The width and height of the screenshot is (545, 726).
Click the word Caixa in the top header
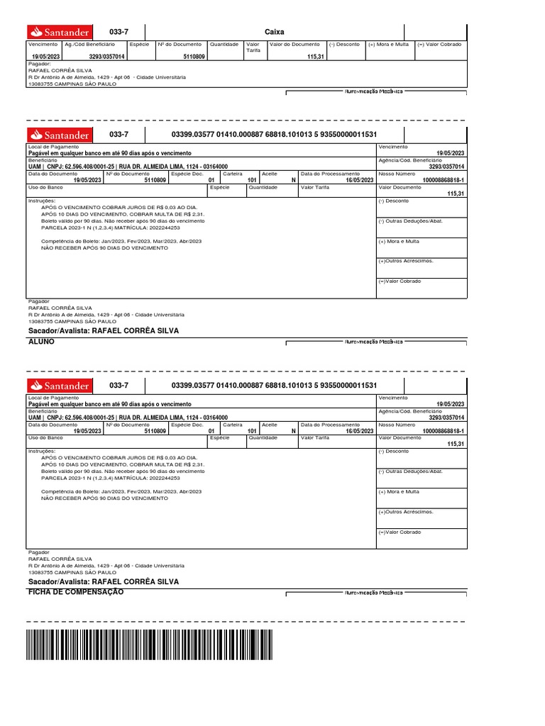pos(274,33)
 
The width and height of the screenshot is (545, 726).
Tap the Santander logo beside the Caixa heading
pos(59,33)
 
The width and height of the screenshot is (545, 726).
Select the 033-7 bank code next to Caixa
pos(119,33)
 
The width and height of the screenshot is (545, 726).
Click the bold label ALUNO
pos(40,342)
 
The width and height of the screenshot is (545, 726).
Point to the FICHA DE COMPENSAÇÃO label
pos(75,592)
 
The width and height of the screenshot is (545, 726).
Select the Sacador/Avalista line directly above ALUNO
pos(104,331)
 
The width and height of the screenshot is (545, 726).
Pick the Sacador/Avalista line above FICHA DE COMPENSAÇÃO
pos(104,581)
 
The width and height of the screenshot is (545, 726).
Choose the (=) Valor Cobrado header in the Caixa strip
pos(439,45)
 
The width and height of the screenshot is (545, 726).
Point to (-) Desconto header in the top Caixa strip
pos(344,45)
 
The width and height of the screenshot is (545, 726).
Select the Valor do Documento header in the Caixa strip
pos(296,45)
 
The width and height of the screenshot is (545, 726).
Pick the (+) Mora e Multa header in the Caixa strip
pos(388,45)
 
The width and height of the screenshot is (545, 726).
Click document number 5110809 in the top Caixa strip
pos(194,55)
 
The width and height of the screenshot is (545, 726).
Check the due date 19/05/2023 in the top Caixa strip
pos(46,55)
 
